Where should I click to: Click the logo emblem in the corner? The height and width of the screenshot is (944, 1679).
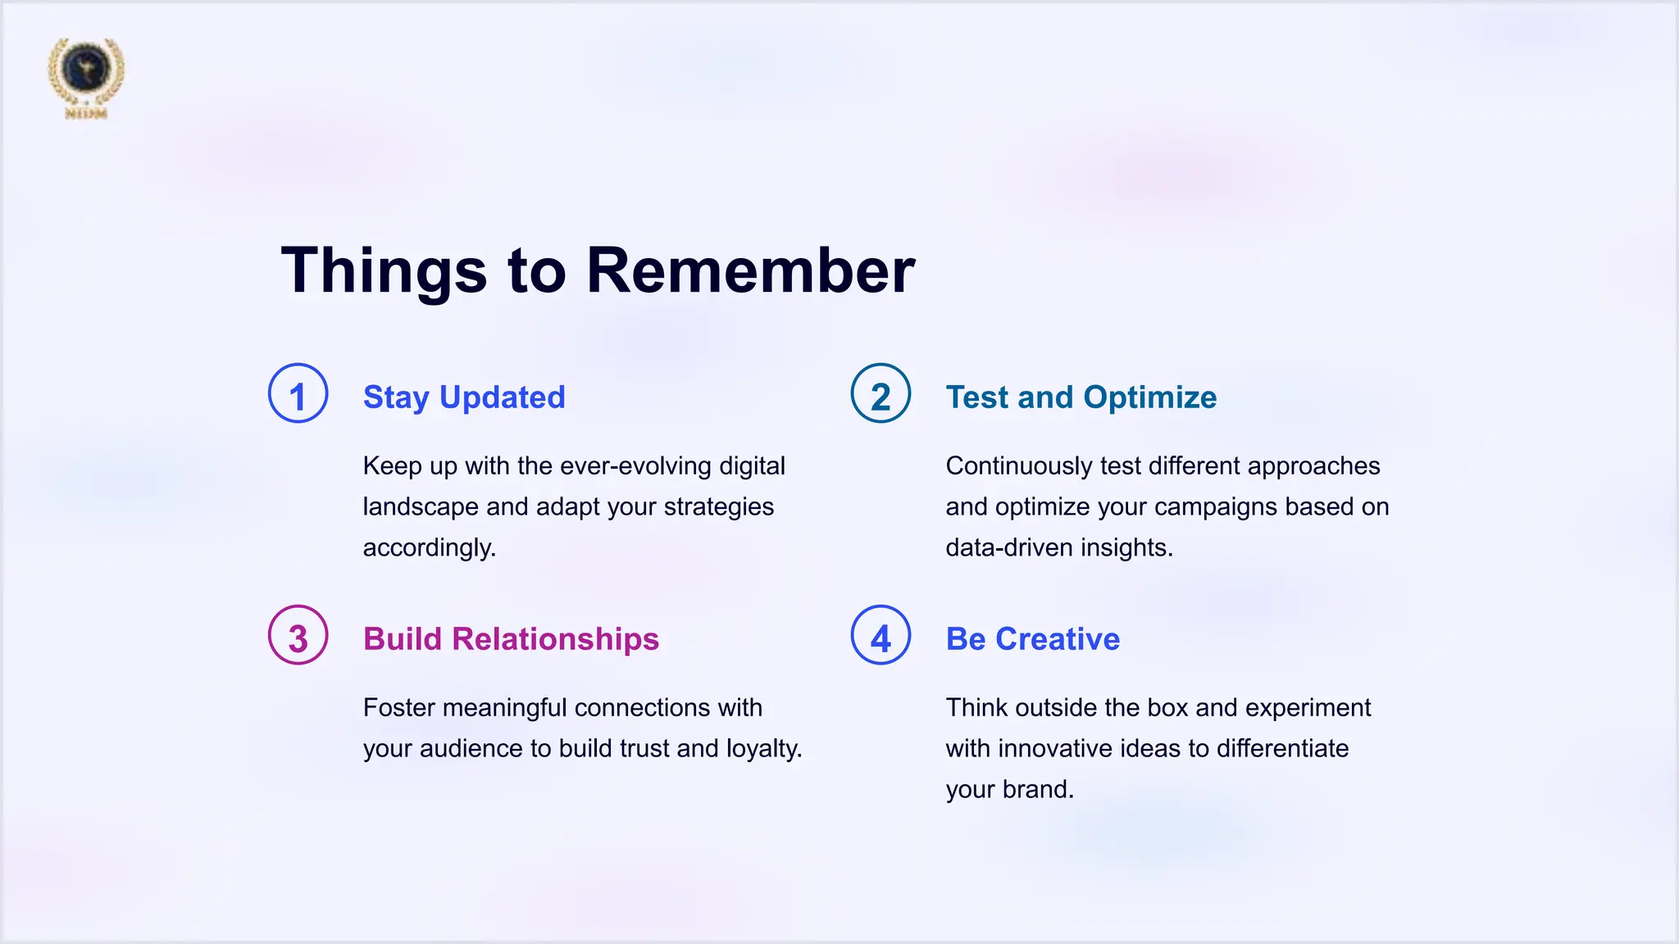pyautogui.click(x=86, y=75)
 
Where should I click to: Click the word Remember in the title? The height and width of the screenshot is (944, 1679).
pyautogui.click(x=750, y=270)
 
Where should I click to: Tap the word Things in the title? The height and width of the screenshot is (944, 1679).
pyautogui.click(x=384, y=270)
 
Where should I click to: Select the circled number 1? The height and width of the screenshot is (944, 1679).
pyautogui.click(x=298, y=393)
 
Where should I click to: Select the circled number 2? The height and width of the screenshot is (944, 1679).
pyautogui.click(x=880, y=393)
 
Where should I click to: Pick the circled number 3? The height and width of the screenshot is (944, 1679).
pyautogui.click(x=298, y=635)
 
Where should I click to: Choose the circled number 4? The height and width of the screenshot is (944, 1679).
pyautogui.click(x=880, y=635)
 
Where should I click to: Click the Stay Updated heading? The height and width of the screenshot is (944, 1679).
pyautogui.click(x=464, y=397)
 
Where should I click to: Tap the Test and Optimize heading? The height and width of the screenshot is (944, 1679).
pyautogui.click(x=1081, y=397)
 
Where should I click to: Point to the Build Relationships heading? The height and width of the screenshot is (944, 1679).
pyautogui.click(x=511, y=639)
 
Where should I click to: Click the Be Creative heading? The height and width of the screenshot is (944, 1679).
pyautogui.click(x=1032, y=639)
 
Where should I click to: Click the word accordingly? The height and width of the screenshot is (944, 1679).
pyautogui.click(x=429, y=548)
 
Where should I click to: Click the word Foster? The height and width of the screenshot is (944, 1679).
pyautogui.click(x=399, y=708)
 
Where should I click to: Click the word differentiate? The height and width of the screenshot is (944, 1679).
pyautogui.click(x=1282, y=749)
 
